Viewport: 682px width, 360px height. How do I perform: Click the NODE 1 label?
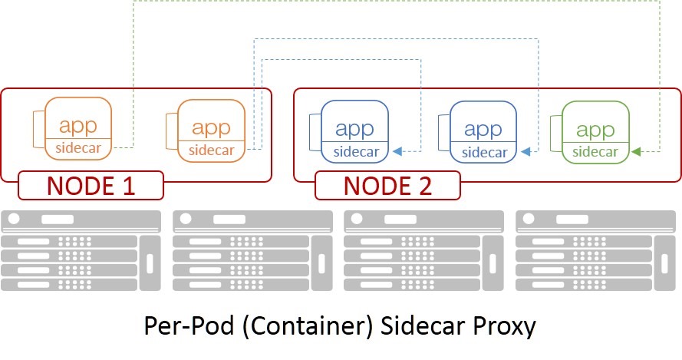tap(91, 185)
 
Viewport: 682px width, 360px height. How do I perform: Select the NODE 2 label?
tap(387, 185)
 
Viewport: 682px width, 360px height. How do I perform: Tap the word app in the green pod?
tap(595, 130)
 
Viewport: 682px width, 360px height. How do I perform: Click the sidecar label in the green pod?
tap(595, 151)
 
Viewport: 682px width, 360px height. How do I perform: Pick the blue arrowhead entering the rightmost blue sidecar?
tap(526, 152)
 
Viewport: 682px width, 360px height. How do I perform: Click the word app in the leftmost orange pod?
tap(78, 127)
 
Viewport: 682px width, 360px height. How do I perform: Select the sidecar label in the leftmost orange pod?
tap(78, 147)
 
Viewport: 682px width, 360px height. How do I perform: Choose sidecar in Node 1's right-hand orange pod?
tap(211, 150)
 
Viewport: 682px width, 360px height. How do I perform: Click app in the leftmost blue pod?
tap(354, 130)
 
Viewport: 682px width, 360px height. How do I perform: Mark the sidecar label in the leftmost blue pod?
tap(354, 151)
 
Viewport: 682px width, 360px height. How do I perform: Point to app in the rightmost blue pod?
tap(483, 130)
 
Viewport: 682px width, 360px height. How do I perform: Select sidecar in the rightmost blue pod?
tap(484, 151)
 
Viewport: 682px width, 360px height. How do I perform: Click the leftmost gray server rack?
tap(81, 251)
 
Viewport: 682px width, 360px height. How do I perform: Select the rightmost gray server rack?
tap(595, 251)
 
